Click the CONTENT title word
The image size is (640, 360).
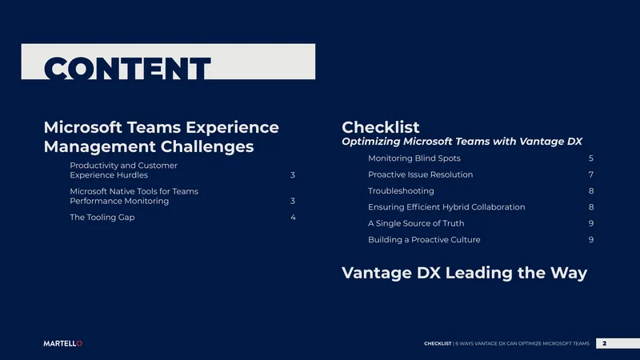pos(127,68)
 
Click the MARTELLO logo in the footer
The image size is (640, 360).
pos(63,344)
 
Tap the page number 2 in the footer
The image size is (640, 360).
pos(605,343)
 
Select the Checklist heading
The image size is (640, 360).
pos(381,127)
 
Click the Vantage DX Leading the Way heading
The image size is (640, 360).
pos(464,273)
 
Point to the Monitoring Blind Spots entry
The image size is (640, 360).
pos(414,158)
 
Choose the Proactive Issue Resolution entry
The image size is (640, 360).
pos(421,174)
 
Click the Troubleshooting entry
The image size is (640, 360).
pos(401,191)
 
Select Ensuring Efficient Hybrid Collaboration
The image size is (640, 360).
pos(446,207)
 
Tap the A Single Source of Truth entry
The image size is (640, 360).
pos(416,224)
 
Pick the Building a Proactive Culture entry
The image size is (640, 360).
pos(424,240)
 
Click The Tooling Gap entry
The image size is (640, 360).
pos(102,218)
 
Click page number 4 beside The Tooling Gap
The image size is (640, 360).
pos(293,218)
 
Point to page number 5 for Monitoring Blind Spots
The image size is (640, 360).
pos(591,158)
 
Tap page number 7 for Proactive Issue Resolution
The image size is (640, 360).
pos(591,174)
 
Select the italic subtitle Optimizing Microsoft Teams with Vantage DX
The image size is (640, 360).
pos(462,142)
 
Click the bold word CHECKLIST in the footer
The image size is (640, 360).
pos(438,344)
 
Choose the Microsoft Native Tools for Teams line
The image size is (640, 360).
pos(134,191)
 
